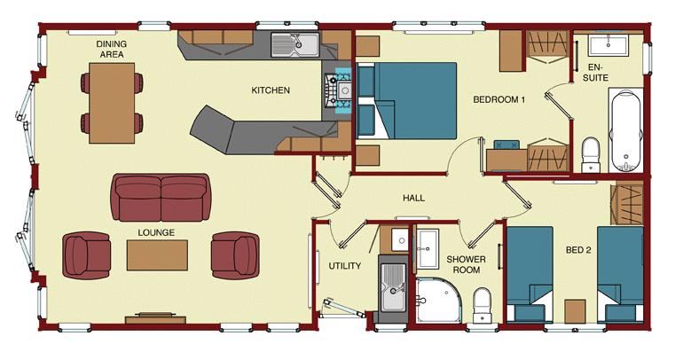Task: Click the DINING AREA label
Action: (x=112, y=49)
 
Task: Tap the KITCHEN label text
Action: (x=271, y=90)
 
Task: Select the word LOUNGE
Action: (x=156, y=232)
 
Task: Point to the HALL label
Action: (x=413, y=198)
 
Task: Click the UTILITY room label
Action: (x=344, y=265)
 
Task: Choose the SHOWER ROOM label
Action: (x=466, y=264)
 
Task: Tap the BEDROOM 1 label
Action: (x=499, y=99)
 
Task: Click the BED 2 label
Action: (x=578, y=250)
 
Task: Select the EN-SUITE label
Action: (x=595, y=72)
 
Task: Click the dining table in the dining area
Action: (x=112, y=103)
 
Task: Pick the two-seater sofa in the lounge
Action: (x=161, y=198)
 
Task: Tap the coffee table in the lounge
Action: (x=157, y=255)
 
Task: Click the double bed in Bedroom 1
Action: (x=406, y=100)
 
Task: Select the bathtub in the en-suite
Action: (x=626, y=130)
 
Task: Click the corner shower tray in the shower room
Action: (x=438, y=301)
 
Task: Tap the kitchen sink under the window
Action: (x=295, y=44)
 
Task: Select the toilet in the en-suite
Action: (x=591, y=154)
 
